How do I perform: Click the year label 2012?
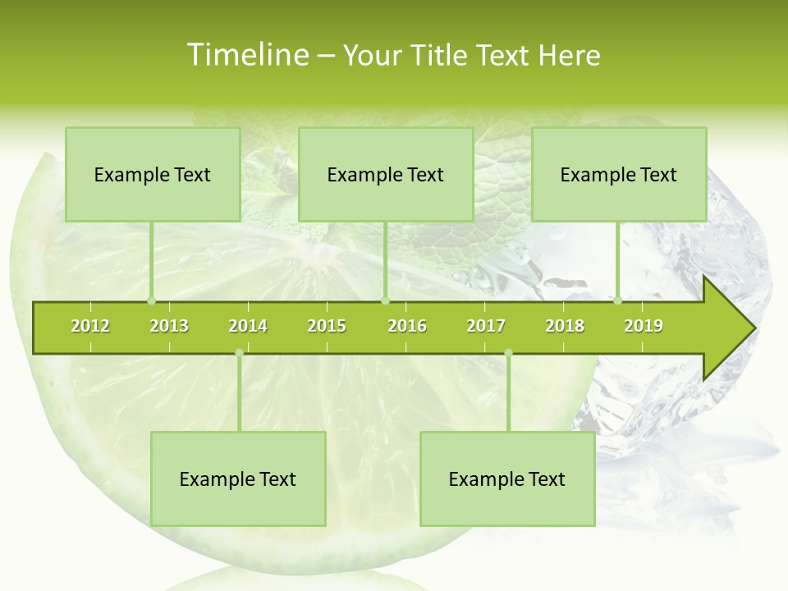click(x=90, y=326)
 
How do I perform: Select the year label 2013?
click(x=169, y=326)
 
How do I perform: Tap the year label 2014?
click(x=248, y=326)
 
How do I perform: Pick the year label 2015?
click(x=327, y=326)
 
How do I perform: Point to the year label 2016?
click(x=407, y=326)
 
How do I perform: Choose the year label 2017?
click(x=486, y=326)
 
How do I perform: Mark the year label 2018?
click(x=565, y=326)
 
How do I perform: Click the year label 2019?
click(x=644, y=326)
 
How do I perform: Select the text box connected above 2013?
click(x=153, y=174)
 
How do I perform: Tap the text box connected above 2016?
click(x=386, y=174)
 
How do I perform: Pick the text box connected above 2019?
click(x=619, y=174)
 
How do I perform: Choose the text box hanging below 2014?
click(x=238, y=479)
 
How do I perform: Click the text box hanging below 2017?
click(x=507, y=479)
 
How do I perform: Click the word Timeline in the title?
click(x=247, y=55)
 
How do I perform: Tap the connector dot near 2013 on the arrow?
click(x=151, y=301)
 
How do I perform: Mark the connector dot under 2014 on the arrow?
click(x=239, y=353)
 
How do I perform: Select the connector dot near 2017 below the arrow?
click(x=508, y=353)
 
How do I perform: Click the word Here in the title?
click(x=569, y=55)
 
